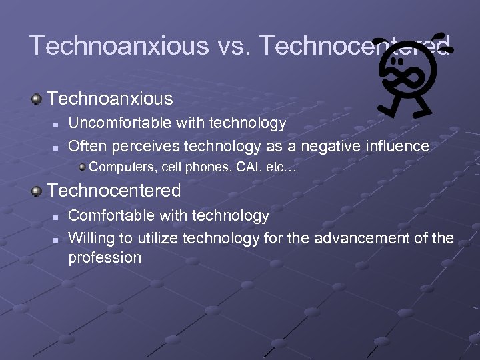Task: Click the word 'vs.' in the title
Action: (232, 45)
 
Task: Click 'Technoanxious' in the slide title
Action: (119, 45)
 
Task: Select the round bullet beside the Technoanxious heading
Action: (37, 99)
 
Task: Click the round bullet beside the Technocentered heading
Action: (37, 191)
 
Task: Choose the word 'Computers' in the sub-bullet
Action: (117, 167)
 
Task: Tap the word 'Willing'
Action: (91, 237)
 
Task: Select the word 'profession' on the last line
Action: (105, 258)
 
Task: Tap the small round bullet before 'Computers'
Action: (81, 167)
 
